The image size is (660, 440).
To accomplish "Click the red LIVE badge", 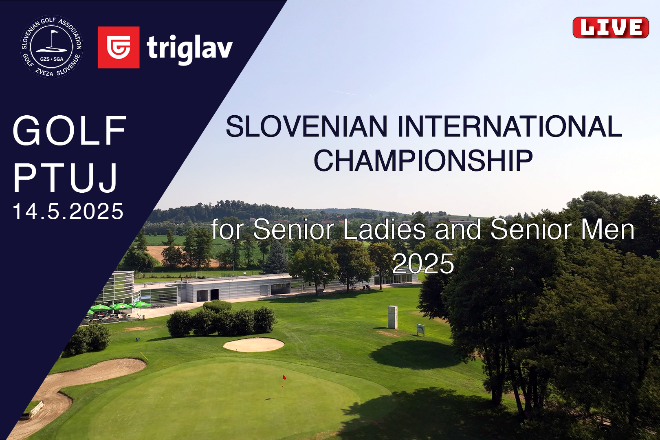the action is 610,28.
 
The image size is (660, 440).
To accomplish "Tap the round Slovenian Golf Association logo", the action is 52,46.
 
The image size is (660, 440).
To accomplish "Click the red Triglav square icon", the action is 119,47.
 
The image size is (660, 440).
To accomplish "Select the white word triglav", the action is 190,48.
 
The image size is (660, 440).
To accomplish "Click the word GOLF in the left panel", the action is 70,130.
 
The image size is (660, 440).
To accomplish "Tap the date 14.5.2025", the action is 68,211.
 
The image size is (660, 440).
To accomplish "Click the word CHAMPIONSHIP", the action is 423,161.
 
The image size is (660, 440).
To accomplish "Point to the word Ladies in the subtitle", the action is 384,229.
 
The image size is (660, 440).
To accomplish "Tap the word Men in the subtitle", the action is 607,229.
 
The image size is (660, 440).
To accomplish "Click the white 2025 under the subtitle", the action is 423,263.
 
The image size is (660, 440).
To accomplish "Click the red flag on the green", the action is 284,377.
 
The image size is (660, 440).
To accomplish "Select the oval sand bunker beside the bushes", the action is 254,345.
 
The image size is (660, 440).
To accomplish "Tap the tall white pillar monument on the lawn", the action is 393,317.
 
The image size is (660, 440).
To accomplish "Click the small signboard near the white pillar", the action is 420,329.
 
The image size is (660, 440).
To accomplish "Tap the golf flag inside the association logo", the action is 53,33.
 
